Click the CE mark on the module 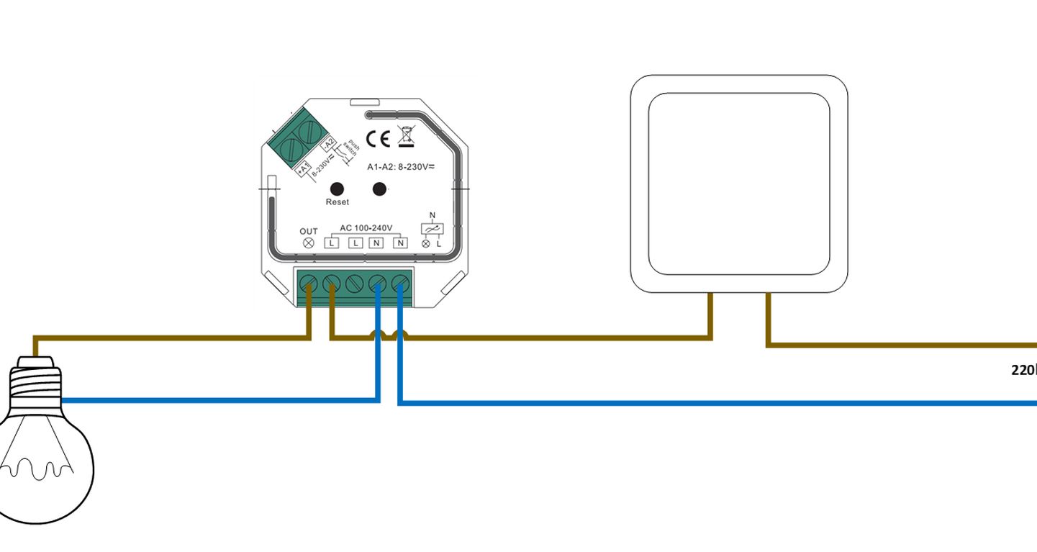click(x=378, y=138)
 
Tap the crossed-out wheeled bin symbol click(x=406, y=136)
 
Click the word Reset click(x=337, y=202)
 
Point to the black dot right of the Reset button click(x=379, y=189)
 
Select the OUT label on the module click(x=309, y=231)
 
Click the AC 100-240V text click(x=366, y=228)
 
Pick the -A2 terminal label click(x=328, y=145)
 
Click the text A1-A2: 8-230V click(x=402, y=167)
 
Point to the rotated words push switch click(x=350, y=149)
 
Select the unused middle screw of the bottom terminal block click(x=354, y=284)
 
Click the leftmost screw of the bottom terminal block click(x=309, y=284)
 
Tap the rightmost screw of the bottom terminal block click(x=400, y=284)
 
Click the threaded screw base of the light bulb click(x=35, y=381)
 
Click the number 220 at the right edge click(x=1023, y=370)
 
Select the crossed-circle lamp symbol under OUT click(x=309, y=243)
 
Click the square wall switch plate click(x=739, y=184)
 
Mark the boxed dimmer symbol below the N click(x=432, y=229)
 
